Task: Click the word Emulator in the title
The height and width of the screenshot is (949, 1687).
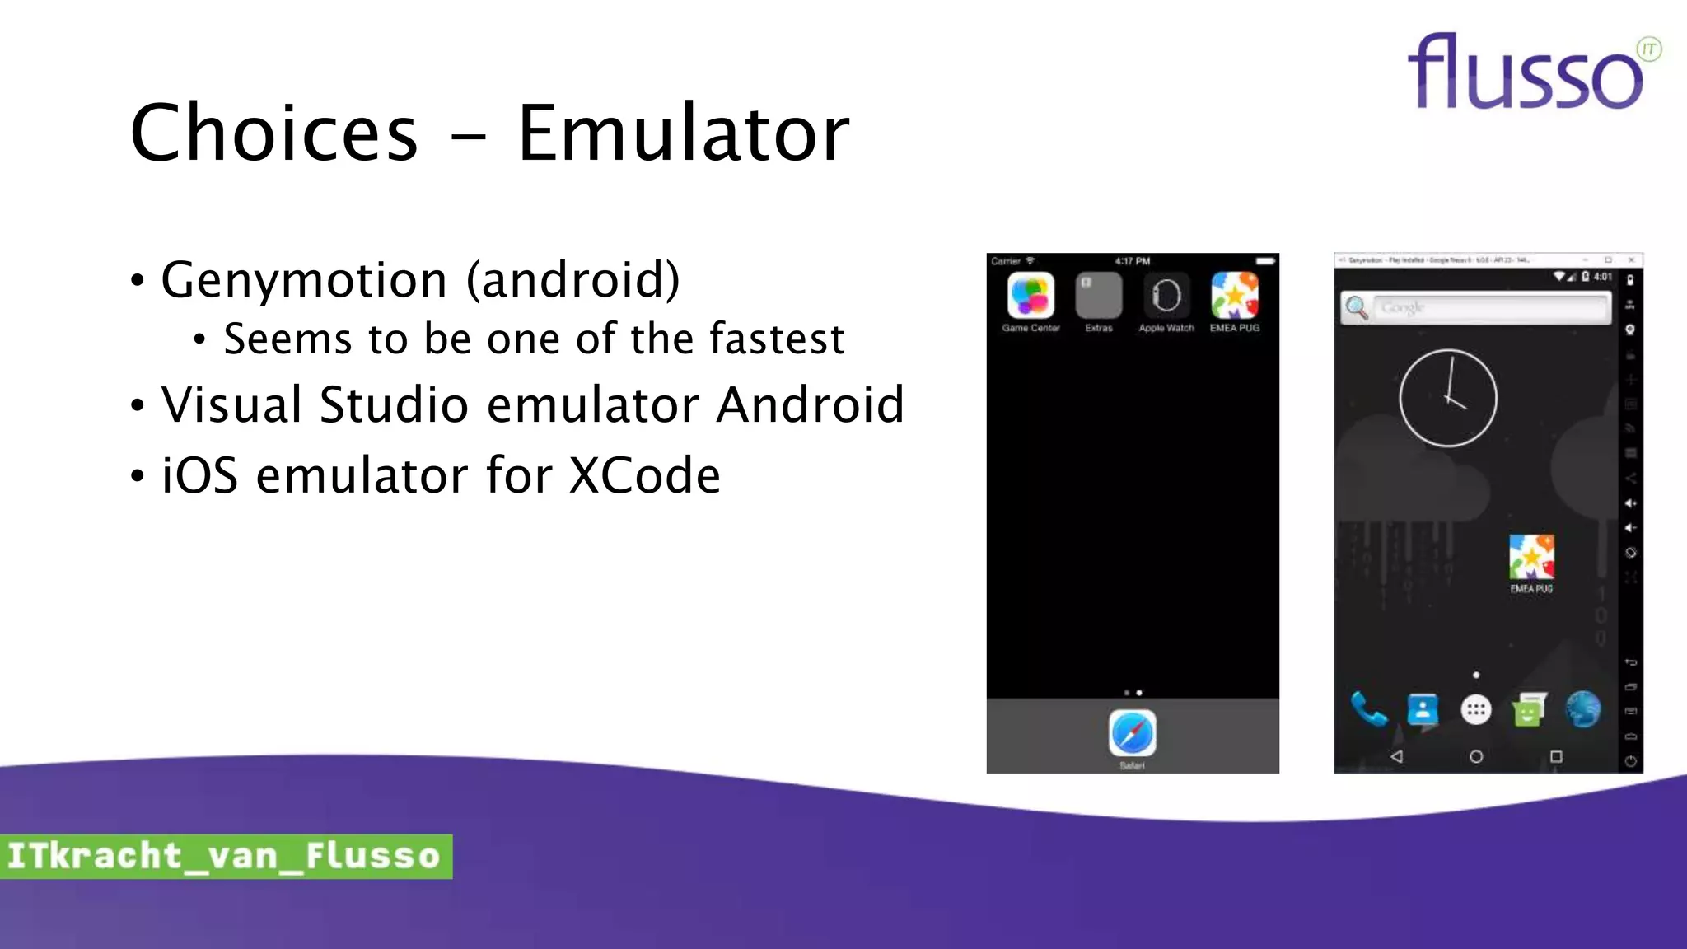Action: tap(683, 133)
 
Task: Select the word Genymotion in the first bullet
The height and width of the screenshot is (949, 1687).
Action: tap(304, 280)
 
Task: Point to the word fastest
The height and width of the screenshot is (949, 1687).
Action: tap(777, 339)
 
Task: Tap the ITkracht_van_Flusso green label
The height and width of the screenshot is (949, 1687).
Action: tap(225, 856)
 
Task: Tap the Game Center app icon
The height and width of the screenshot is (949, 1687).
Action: tap(1030, 295)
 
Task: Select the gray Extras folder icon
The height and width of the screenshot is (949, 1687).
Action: tap(1099, 295)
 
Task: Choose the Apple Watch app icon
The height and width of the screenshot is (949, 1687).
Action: tap(1166, 295)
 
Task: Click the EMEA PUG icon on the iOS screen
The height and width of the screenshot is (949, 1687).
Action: tap(1234, 295)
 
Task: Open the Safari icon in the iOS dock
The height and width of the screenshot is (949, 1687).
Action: tap(1132, 732)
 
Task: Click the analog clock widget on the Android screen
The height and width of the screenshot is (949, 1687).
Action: tap(1448, 399)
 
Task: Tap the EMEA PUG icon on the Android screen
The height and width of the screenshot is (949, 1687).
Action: tap(1531, 557)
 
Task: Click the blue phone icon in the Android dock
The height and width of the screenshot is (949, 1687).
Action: tap(1368, 709)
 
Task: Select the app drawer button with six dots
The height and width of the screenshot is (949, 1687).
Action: tap(1476, 709)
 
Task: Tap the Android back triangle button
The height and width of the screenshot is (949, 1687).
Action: tap(1396, 756)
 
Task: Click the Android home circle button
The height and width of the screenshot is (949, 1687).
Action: tap(1476, 756)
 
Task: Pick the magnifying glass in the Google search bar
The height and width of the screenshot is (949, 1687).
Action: tap(1357, 308)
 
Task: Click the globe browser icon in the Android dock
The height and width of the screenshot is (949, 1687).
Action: tap(1583, 709)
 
